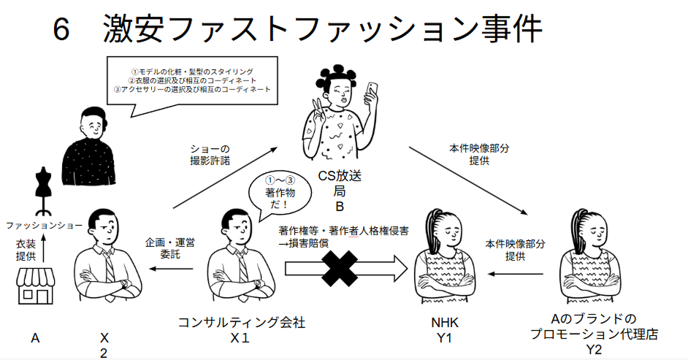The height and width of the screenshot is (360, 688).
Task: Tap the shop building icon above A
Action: pos(37,284)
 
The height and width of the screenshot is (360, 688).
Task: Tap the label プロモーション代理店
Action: pos(595,335)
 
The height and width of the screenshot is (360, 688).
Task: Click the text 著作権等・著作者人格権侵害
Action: pos(343,230)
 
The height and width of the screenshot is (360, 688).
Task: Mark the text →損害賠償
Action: pos(304,242)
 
